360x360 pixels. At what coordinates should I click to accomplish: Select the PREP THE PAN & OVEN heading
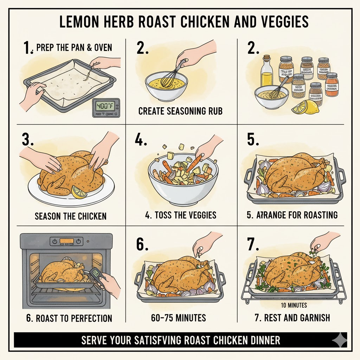pyautogui.click(x=74, y=47)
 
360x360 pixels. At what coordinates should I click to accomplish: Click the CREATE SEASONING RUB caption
pyautogui.click(x=180, y=111)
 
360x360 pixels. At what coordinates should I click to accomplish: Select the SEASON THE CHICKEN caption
pyautogui.click(x=70, y=216)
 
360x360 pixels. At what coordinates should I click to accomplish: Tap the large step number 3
pyautogui.click(x=28, y=140)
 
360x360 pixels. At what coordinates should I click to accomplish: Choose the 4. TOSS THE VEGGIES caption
pyautogui.click(x=180, y=215)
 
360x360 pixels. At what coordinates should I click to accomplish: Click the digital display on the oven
pyautogui.click(x=66, y=241)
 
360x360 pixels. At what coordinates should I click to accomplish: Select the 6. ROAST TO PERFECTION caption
pyautogui.click(x=69, y=319)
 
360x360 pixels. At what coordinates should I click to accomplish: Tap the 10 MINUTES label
pyautogui.click(x=294, y=305)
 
